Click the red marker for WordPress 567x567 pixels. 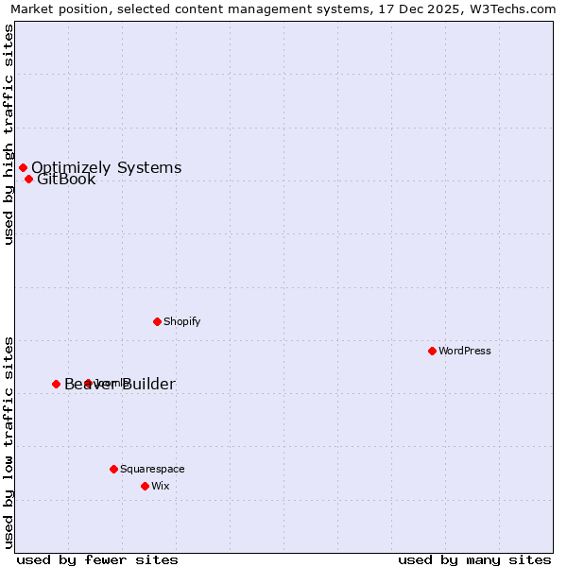coord(432,351)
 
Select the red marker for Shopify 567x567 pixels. coord(157,321)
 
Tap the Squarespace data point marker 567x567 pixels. coord(113,469)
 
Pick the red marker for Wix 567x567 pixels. coord(145,486)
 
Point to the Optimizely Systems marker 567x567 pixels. coord(23,167)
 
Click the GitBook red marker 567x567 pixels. coord(28,179)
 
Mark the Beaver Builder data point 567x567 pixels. coord(56,384)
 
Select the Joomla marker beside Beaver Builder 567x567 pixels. coord(88,383)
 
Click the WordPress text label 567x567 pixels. coord(465,351)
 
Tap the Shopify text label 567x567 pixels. coord(182,321)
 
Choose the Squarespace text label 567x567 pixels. coord(152,469)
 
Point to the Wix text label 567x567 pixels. coord(161,486)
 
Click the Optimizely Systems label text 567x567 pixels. coord(106,167)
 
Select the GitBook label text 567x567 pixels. coord(66,180)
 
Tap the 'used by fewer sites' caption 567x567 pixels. coord(97,559)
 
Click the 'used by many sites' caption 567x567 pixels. coord(474,559)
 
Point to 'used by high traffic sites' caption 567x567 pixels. coord(9,134)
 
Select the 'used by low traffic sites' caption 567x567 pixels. coord(9,441)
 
